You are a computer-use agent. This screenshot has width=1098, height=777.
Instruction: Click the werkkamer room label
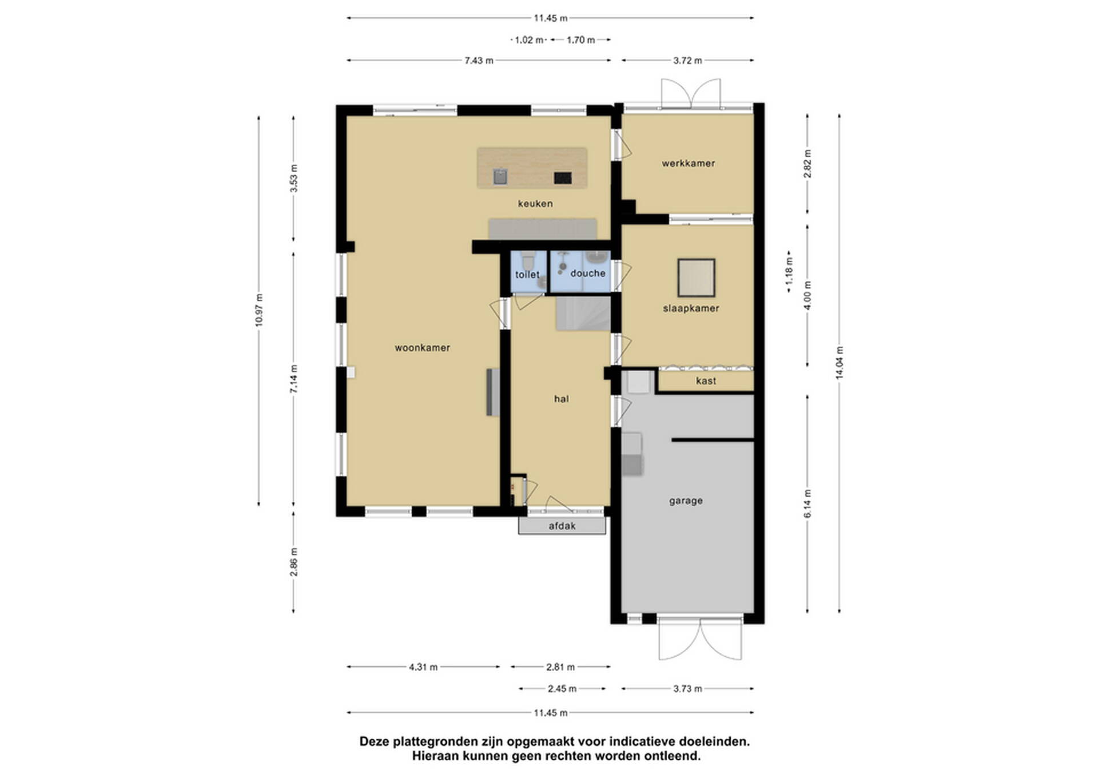pos(689,164)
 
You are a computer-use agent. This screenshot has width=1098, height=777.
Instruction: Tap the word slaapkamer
pos(691,308)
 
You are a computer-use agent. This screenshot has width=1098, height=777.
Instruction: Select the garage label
pos(686,501)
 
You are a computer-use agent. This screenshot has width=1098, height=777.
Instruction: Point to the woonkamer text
pos(422,348)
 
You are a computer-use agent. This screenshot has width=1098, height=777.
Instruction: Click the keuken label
pos(535,204)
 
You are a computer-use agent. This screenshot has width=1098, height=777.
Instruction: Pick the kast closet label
pos(706,381)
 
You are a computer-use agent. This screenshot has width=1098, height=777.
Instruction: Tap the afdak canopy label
pos(562,526)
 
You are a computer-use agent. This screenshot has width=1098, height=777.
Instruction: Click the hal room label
pos(561,399)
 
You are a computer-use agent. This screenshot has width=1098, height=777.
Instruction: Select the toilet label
pos(527,275)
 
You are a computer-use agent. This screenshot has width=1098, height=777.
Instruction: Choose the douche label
pos(588,273)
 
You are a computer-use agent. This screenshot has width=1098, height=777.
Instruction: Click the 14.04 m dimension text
pos(840,363)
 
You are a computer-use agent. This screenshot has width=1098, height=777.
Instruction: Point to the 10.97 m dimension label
pos(259,310)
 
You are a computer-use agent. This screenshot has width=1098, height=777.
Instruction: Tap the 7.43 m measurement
pos(479,61)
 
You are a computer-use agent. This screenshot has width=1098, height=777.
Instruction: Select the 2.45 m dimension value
pos(562,689)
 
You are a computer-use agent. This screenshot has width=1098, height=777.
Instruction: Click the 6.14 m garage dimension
pos(807,504)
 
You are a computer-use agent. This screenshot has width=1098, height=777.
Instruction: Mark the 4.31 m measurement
pos(423,667)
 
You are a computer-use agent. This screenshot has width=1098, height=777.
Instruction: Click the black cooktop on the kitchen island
pos(563,178)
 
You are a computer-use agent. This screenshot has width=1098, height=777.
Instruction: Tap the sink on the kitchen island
pos(500,176)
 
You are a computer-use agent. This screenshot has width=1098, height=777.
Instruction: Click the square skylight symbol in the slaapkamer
pos(697,277)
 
